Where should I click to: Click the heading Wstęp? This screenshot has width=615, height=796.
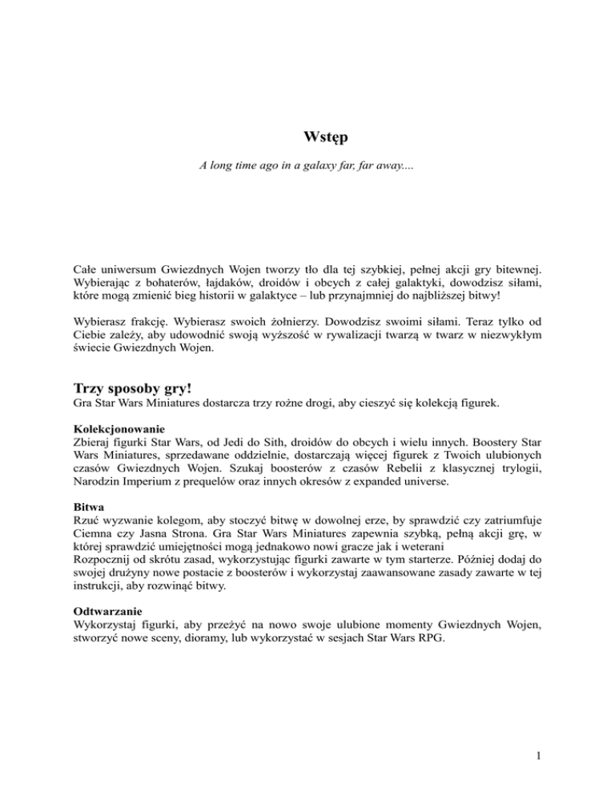pos(307,138)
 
